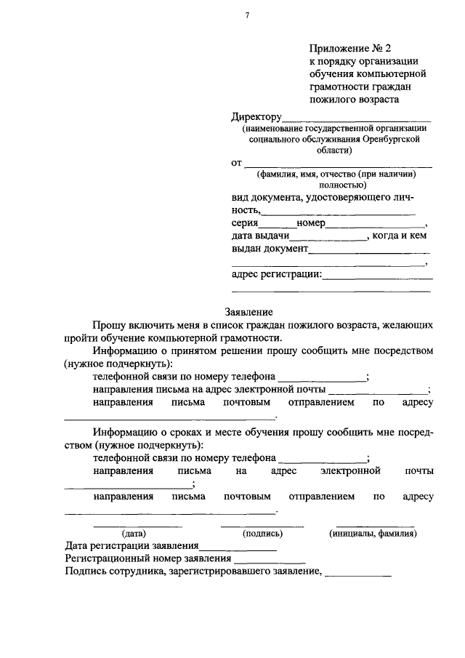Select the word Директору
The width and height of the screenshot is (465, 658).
coord(256,116)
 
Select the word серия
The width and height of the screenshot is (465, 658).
coord(245,224)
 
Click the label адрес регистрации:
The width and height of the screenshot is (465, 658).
coord(275,274)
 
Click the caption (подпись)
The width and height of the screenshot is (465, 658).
coord(262,533)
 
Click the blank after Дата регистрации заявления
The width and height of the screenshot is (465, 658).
coord(237,547)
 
